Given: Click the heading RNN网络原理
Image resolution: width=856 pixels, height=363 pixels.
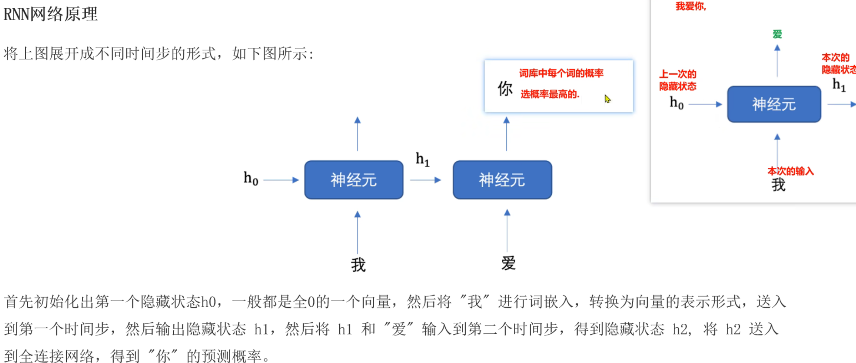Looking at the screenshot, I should click(50, 14).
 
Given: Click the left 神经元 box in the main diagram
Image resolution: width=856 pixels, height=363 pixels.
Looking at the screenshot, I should click(354, 180).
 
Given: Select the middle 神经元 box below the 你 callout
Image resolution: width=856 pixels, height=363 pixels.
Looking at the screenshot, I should click(502, 180).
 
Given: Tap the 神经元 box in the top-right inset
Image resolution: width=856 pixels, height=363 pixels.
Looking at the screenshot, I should click(774, 104).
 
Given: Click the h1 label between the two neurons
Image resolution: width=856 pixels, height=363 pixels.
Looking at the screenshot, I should click(422, 159).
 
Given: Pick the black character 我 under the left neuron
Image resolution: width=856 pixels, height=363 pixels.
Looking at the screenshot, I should click(358, 265).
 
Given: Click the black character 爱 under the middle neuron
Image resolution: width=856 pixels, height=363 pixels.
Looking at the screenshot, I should click(508, 263).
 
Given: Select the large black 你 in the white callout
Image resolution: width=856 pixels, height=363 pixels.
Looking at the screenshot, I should click(505, 89).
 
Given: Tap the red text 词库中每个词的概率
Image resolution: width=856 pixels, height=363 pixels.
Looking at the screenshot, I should click(561, 74).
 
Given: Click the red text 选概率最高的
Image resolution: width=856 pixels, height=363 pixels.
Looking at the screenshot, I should click(549, 94).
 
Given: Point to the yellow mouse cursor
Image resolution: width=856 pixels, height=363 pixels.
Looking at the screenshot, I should click(607, 99).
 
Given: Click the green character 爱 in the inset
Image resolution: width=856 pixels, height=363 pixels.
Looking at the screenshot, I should click(777, 34).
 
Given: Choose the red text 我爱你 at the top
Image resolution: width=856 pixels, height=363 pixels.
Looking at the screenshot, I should click(690, 6).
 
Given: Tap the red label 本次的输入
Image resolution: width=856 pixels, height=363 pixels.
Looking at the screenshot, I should click(791, 171).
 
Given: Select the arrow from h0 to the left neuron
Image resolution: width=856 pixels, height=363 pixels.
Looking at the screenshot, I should click(281, 180).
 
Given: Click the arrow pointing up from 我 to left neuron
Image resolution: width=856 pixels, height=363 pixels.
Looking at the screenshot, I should click(358, 232).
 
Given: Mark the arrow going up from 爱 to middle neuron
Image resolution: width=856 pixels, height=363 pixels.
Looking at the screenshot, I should click(507, 231).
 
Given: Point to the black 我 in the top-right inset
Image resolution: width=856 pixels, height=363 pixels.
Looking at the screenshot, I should click(778, 185).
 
